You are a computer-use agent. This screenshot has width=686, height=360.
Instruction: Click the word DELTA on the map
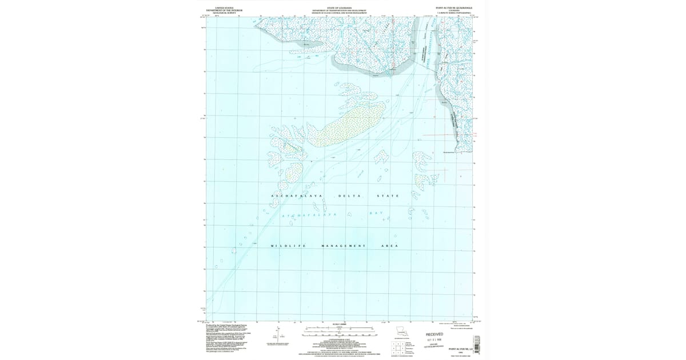[349, 196]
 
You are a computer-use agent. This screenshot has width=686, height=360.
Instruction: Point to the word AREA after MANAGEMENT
[389, 246]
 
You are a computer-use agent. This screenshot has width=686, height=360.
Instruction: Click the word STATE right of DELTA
[388, 196]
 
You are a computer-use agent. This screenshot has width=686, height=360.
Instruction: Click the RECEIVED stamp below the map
[434, 334]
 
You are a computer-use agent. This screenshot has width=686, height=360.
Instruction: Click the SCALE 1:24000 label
[340, 324]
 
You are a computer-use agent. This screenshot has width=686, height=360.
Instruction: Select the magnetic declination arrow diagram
[279, 335]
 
